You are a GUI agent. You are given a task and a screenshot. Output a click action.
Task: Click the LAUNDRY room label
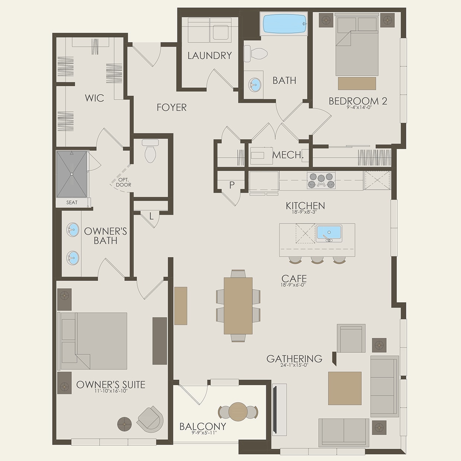(x=209, y=55)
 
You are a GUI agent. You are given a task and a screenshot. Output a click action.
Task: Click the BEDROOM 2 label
(x=358, y=101)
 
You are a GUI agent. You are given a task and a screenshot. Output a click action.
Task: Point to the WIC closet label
(x=94, y=98)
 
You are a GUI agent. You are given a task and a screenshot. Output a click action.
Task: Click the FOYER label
(x=171, y=107)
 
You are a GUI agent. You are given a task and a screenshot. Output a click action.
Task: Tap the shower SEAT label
(x=72, y=203)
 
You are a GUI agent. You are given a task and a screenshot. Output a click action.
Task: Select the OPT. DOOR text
(x=123, y=182)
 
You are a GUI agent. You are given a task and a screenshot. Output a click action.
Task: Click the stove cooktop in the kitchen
(x=321, y=181)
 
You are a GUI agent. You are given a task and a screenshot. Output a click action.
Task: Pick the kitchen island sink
(x=329, y=233)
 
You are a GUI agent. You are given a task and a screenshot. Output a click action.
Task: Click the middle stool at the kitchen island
(x=317, y=260)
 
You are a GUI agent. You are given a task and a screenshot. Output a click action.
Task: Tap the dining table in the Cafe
(x=238, y=305)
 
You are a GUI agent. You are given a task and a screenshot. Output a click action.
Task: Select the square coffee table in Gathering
(x=345, y=388)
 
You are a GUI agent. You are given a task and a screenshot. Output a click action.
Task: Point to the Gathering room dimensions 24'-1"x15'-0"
(x=294, y=365)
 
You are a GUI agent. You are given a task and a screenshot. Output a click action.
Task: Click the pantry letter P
(x=232, y=185)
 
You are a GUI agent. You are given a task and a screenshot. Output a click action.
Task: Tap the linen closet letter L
(x=151, y=216)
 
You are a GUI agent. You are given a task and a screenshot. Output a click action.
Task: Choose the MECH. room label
(x=288, y=155)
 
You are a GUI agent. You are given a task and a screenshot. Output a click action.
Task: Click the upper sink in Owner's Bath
(x=73, y=229)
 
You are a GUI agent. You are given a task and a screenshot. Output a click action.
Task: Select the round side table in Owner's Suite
(x=125, y=423)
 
